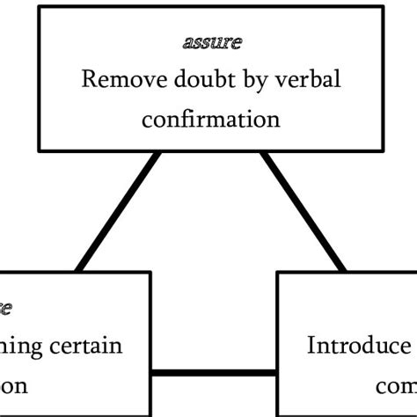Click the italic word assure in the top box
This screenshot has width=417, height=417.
coord(210,41)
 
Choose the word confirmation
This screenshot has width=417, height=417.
coord(210,117)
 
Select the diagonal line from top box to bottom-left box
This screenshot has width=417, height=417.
coord(119,211)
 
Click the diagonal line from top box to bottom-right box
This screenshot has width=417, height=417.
coord(302,211)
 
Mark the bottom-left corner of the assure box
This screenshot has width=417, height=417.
coord(40,149)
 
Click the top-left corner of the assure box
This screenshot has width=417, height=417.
coord(40,8)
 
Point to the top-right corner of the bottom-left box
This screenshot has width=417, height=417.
coord(150,273)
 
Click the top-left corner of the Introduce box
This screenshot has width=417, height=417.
coord(279,273)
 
